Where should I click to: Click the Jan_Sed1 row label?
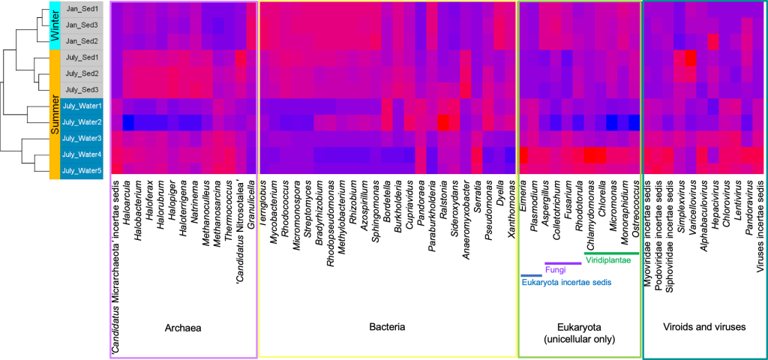(x=81, y=9)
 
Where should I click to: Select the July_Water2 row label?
(x=81, y=122)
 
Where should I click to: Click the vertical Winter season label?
(x=54, y=25)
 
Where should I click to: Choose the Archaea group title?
(x=184, y=328)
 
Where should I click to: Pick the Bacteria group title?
(x=388, y=328)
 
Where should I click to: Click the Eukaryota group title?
(x=579, y=333)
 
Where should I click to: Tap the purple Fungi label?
(x=555, y=270)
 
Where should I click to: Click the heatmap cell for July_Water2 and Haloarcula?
(x=127, y=122)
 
